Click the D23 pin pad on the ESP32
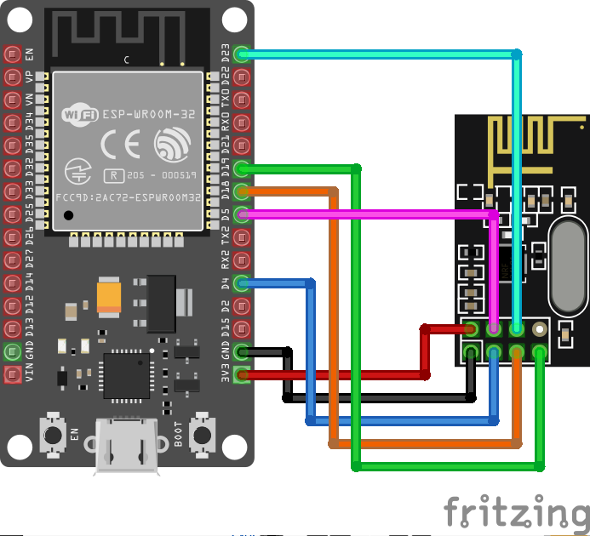[242, 54]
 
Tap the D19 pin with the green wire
[242, 168]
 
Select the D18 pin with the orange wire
[242, 191]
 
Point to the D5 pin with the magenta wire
[242, 214]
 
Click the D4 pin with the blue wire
[242, 283]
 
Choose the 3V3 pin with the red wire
[242, 374]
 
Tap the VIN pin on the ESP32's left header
[12, 374]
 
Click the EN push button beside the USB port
[53, 435]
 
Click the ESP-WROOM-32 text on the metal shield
[150, 113]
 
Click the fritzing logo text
[516, 512]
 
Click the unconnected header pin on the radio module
[538, 328]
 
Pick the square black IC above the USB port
[125, 375]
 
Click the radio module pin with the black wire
[470, 351]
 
